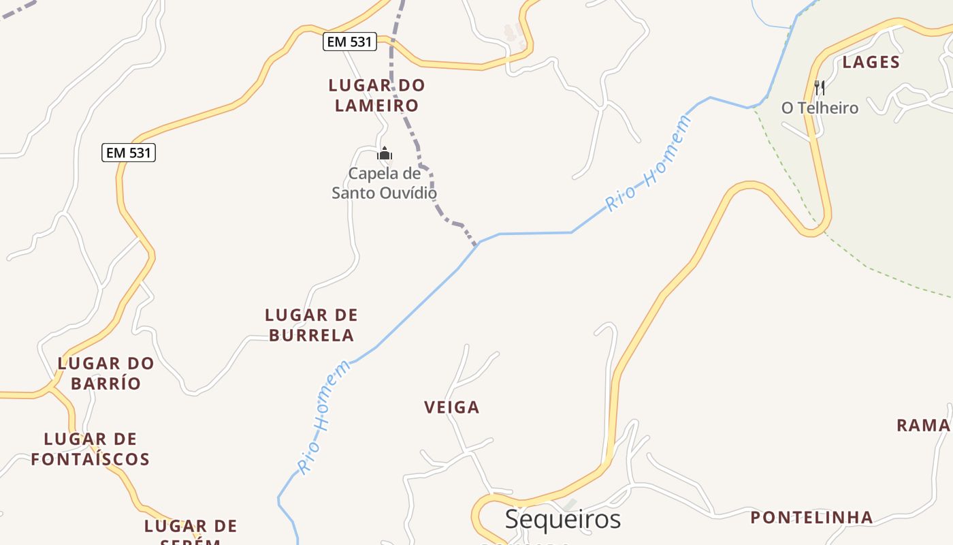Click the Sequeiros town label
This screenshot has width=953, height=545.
point(562,519)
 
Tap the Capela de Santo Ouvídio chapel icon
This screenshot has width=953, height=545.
point(385,153)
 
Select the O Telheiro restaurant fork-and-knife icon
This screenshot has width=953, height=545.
point(820,88)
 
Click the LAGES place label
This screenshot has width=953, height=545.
point(871,62)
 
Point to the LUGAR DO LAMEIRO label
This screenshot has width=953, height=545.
point(376,95)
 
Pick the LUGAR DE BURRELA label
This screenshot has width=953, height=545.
point(311,325)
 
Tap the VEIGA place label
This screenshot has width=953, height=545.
point(451,407)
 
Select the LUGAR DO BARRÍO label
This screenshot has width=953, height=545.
point(106,373)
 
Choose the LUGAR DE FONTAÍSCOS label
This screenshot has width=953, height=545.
point(90,449)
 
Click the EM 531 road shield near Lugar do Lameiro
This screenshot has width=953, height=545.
point(349,42)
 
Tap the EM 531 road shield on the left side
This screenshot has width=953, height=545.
point(129,153)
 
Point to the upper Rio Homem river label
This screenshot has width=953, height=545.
point(648,164)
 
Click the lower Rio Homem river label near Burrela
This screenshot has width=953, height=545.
point(325,417)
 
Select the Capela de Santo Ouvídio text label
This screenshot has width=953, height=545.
point(384,183)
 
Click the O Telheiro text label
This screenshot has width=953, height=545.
point(820,108)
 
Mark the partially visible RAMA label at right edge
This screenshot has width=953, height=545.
point(923,425)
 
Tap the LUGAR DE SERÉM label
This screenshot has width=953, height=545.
point(191,531)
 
